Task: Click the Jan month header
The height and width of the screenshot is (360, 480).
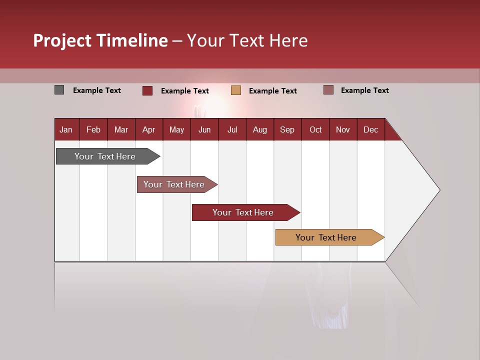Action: [x=66, y=129]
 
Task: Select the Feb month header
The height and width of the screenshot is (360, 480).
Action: [x=93, y=129]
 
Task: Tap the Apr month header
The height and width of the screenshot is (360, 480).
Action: [x=148, y=129]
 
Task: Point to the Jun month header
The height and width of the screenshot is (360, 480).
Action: [x=204, y=129]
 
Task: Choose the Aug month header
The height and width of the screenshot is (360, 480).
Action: [x=259, y=129]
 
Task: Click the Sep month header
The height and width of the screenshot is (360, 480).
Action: [x=287, y=129]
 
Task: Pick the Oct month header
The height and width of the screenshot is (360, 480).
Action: [x=315, y=129]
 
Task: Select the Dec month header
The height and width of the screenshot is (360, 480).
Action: [x=370, y=129]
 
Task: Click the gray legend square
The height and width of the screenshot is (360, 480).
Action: [x=59, y=90]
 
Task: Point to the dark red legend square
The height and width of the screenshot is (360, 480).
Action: [x=147, y=90]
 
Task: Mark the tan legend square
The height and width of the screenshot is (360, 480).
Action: [x=236, y=90]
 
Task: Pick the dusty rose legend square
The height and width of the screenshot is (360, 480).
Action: [x=328, y=90]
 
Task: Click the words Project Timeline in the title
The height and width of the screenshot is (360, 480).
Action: [x=100, y=40]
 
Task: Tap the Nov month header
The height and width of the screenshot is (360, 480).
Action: [x=343, y=129]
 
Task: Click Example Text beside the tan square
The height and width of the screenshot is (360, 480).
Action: [x=273, y=91]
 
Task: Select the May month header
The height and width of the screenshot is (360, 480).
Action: [x=176, y=129]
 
